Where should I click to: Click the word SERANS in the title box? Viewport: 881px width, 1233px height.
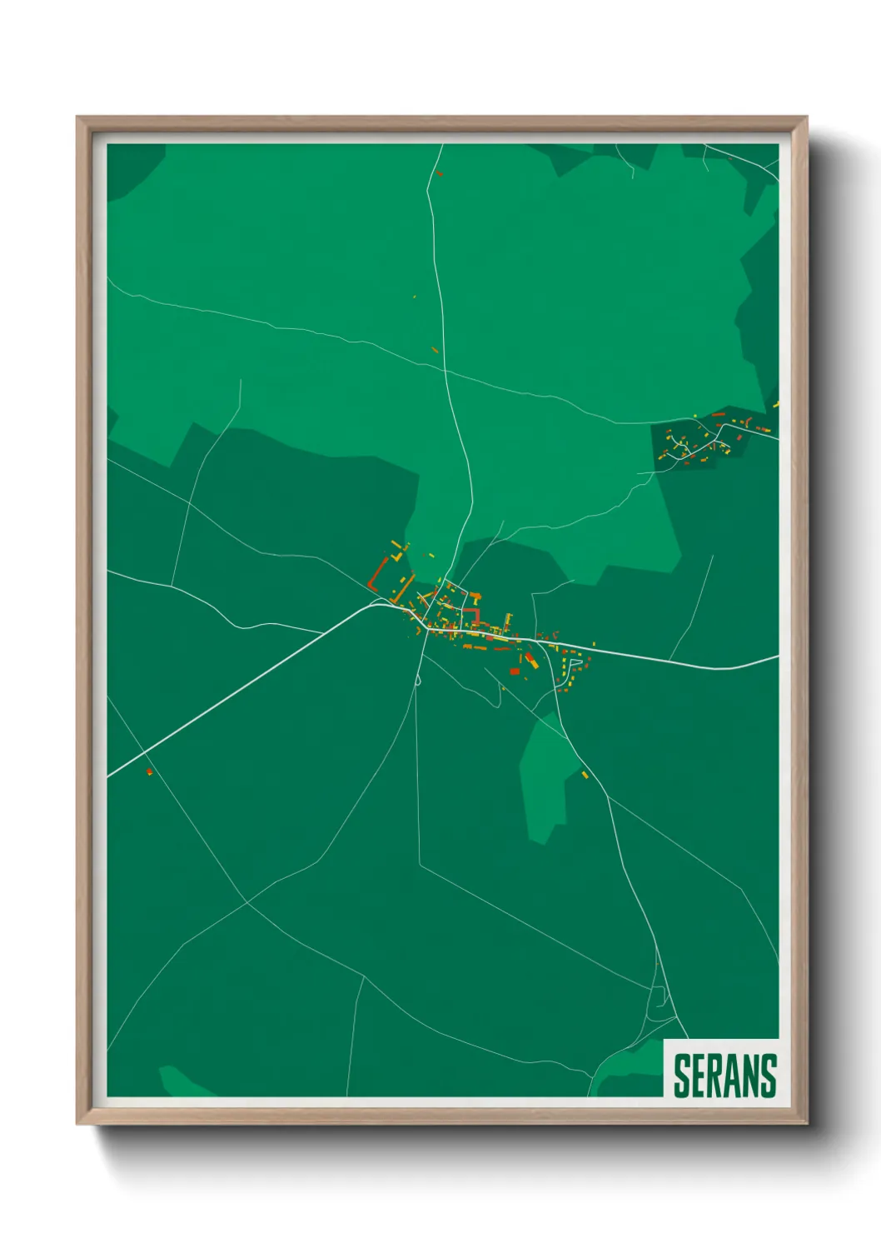pyautogui.click(x=724, y=1076)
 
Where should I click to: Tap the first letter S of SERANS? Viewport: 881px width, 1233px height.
pyautogui.click(x=681, y=1076)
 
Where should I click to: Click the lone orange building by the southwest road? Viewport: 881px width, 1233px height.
pyautogui.click(x=149, y=772)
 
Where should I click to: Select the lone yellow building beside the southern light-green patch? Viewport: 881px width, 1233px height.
pyautogui.click(x=585, y=775)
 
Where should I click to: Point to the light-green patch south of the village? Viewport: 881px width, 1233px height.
pyautogui.click(x=545, y=775)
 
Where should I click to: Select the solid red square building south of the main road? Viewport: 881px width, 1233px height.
pyautogui.click(x=515, y=671)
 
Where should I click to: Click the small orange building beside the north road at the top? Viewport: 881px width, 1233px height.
pyautogui.click(x=439, y=173)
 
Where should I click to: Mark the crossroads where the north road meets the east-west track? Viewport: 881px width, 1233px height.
pyautogui.click(x=445, y=370)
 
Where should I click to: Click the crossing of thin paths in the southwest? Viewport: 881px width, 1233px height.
pyautogui.click(x=246, y=901)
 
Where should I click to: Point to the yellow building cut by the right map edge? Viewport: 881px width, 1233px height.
pyautogui.click(x=775, y=405)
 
